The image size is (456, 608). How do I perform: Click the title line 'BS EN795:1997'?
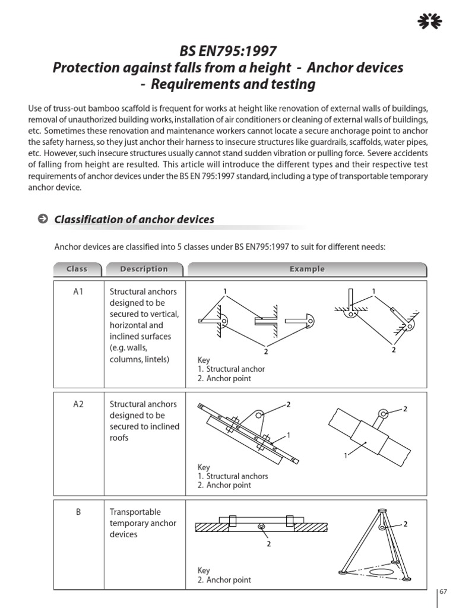coord(228,52)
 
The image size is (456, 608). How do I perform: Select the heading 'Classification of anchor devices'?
coord(134,220)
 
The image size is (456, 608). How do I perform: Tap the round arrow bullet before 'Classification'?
coord(43,219)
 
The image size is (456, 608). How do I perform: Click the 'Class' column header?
coord(77,269)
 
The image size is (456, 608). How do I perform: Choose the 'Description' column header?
coord(144,269)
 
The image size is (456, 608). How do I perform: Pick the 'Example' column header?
coord(307,269)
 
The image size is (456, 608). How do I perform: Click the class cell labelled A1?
coord(78,292)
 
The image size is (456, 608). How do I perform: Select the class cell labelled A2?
coord(78,404)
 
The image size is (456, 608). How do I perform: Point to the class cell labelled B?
coord(78,512)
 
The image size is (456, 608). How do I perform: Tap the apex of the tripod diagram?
coord(379,511)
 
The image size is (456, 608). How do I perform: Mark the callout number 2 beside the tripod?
coord(406,524)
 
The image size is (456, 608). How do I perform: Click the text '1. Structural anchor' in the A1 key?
coord(232,369)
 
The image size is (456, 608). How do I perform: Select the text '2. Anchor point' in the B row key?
coord(224,579)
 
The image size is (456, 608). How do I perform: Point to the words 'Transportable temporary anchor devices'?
coord(143,523)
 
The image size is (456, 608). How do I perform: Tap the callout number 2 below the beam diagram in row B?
coord(268,543)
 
